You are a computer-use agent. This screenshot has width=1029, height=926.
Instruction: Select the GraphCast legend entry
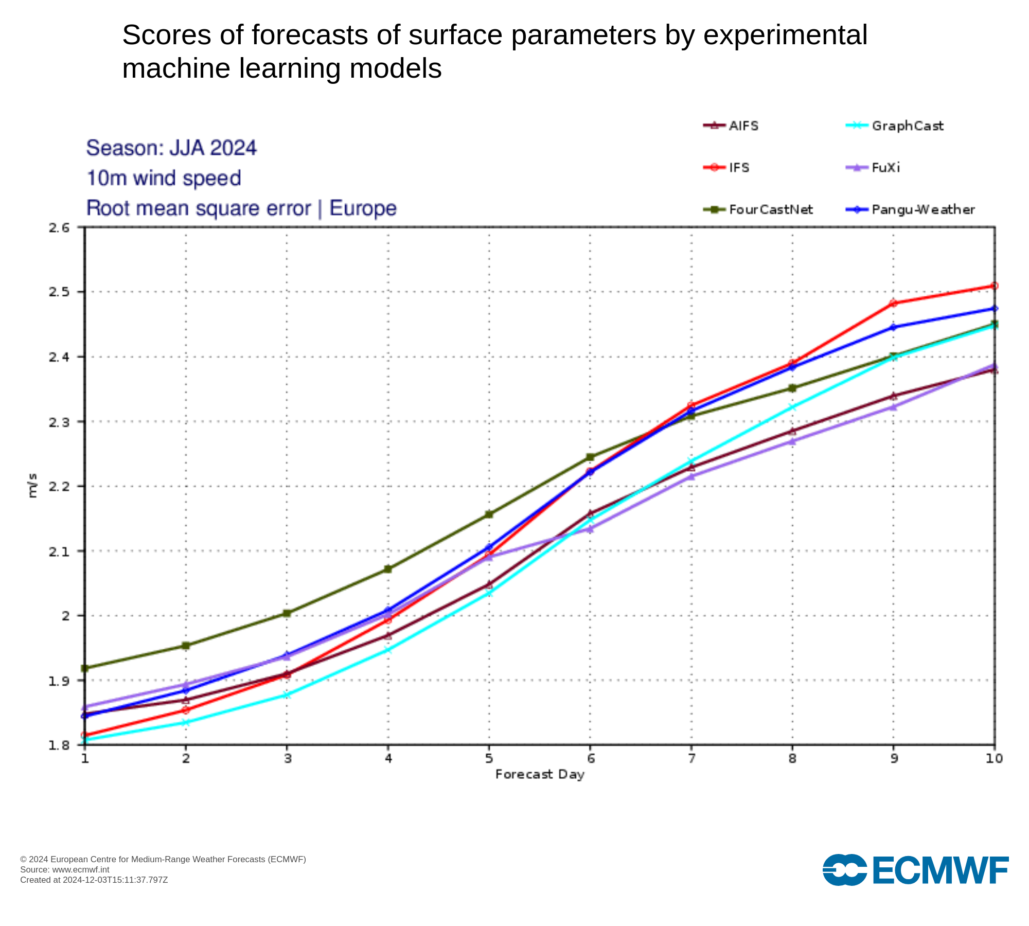coord(895,126)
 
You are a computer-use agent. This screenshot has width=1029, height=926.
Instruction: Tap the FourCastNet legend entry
coord(758,210)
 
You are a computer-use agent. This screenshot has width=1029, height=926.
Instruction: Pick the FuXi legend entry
coord(873,168)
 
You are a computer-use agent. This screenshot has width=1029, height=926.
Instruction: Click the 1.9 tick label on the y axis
coord(59,681)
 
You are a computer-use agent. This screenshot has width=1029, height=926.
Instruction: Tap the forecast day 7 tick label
coord(692,758)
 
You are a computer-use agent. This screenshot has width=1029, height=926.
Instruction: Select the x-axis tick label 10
coord(995,758)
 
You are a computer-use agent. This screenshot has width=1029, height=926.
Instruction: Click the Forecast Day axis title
coord(540,775)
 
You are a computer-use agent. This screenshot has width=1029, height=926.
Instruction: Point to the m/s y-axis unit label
coord(32,486)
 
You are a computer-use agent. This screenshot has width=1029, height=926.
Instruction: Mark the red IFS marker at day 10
coord(995,286)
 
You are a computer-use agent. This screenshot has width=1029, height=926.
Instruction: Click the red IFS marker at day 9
coord(894,303)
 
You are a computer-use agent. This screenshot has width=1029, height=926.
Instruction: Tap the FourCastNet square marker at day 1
coord(85,668)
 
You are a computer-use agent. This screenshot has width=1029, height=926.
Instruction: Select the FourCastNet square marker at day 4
coord(388,569)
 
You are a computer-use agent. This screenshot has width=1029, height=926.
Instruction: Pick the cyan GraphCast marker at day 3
coord(287,695)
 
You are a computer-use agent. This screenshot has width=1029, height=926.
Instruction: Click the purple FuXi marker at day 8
coord(793,441)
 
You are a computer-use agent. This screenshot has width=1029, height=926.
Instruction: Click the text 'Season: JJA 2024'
coord(171,148)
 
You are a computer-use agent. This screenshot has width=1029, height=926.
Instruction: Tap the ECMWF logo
coord(916,870)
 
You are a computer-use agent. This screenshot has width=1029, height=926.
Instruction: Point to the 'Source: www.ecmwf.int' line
coord(65,870)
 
